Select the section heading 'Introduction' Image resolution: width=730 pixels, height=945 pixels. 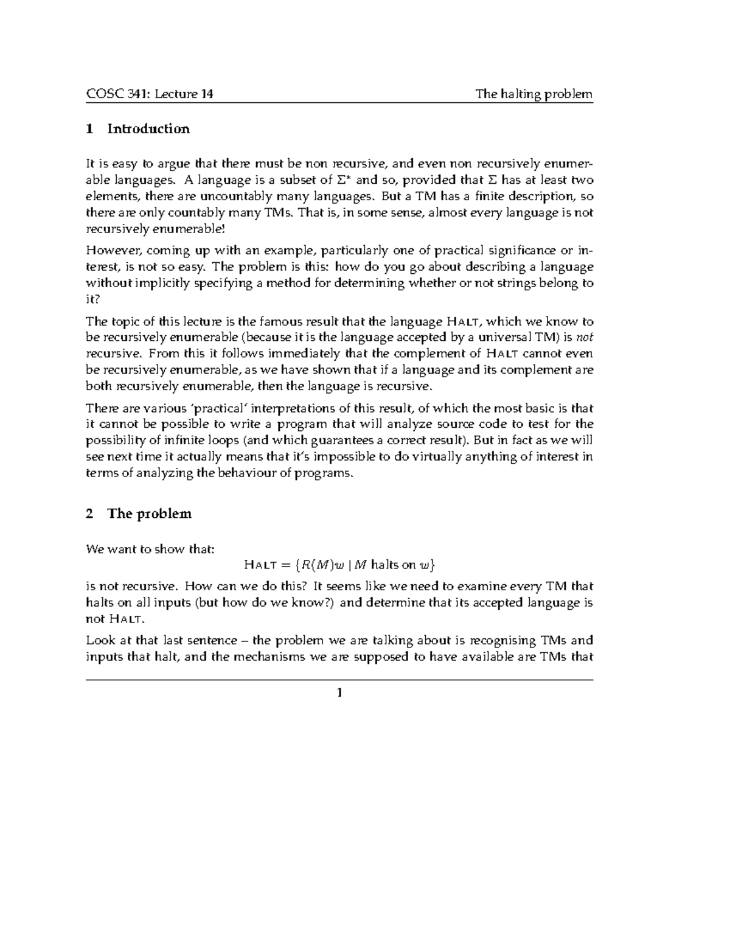148,129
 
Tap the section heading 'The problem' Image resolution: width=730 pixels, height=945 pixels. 149,514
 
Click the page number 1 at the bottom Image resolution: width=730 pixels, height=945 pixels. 339,692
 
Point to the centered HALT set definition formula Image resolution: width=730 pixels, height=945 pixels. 339,565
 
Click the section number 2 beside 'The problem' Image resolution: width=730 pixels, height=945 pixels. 89,514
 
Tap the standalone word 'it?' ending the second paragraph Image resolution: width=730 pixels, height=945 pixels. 92,299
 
